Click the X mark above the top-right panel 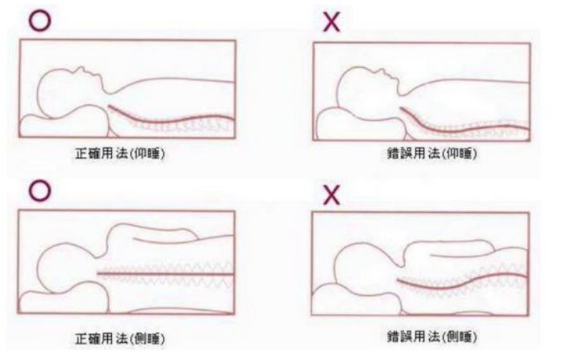331,22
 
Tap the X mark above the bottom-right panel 331,195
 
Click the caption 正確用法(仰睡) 120,154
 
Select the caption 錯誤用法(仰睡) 431,153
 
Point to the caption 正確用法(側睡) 120,338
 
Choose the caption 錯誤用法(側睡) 431,336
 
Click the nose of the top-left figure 81,69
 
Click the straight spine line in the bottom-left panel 166,274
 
